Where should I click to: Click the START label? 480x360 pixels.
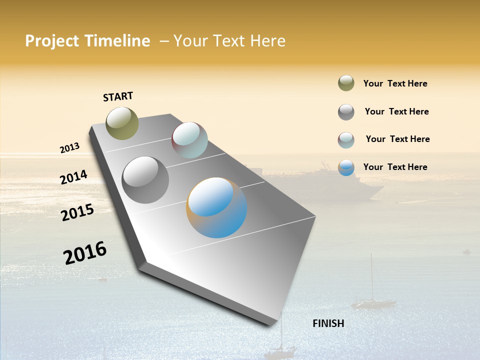(118, 96)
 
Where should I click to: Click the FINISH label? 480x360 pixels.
(328, 323)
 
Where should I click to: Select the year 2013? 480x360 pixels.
(69, 148)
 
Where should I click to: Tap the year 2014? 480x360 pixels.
(73, 177)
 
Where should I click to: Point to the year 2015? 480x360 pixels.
(77, 212)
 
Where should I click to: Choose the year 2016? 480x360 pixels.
(85, 252)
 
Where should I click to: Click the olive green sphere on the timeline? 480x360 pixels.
(122, 123)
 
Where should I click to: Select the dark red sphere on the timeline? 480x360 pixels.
(189, 140)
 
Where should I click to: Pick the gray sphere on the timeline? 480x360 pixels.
(145, 180)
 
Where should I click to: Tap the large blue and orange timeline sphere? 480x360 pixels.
(216, 207)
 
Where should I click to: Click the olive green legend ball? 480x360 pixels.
(346, 83)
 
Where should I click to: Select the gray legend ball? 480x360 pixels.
(346, 112)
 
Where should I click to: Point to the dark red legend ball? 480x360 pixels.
(346, 140)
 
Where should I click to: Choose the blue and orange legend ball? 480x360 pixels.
(346, 168)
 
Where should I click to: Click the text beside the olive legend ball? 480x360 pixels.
(395, 83)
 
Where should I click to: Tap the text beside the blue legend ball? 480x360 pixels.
(395, 167)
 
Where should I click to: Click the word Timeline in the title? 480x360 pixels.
(117, 41)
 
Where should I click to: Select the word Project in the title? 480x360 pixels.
(52, 41)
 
